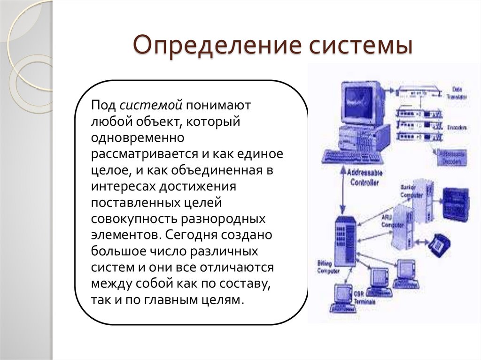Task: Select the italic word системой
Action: coord(150,106)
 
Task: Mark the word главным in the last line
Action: coord(169,300)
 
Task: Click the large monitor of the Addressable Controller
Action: coord(361,101)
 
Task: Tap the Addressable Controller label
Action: coord(365,177)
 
